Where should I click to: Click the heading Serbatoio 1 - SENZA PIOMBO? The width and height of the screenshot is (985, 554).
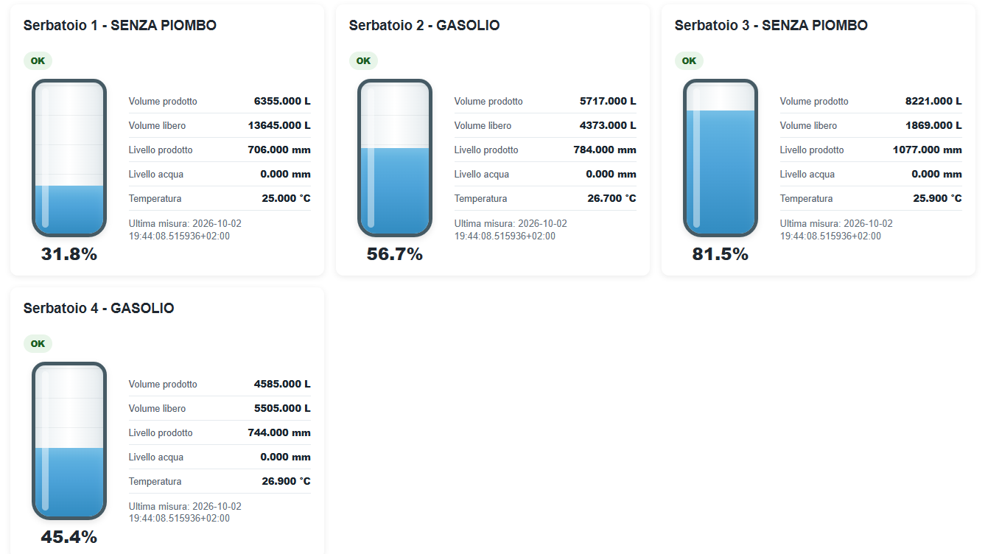pos(119,26)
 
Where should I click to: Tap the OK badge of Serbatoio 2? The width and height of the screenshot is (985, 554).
pos(363,60)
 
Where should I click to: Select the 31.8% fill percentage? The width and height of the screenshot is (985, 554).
pos(69,254)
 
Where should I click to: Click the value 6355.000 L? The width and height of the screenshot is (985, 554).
pos(282,101)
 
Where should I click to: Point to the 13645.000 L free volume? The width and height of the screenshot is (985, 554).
pos(279,125)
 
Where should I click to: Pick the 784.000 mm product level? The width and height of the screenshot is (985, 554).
pos(605,150)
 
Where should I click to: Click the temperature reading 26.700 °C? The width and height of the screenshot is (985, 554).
pos(611,198)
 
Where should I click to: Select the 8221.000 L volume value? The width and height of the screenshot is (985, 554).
pos(933,101)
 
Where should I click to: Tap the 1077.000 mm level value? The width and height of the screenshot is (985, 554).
pos(928,150)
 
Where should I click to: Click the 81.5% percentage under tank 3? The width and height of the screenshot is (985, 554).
pos(721,254)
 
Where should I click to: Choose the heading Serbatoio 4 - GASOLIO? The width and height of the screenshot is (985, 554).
pos(99,308)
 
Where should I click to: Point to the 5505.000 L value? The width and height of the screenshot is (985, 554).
pos(282,408)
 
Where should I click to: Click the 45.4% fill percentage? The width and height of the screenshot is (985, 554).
pos(69,537)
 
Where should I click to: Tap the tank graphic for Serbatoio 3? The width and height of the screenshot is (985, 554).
pos(721,158)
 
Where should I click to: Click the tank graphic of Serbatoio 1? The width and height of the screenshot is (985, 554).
pos(69,158)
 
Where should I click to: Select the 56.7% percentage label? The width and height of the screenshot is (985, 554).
pos(394,254)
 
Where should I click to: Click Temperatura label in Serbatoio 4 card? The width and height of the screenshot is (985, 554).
pos(155,482)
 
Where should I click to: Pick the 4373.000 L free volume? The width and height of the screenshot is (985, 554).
pos(608,125)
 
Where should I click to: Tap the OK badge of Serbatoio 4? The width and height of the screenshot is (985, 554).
pos(38,343)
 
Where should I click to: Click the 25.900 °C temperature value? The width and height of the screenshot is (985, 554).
pos(938,198)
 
